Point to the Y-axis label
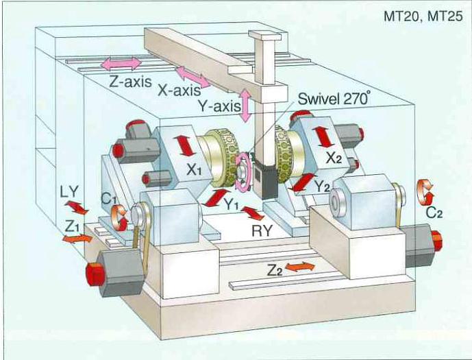tap(216, 106)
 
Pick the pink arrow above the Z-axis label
tap(121, 64)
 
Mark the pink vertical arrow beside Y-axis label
tap(245, 106)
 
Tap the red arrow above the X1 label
tap(183, 146)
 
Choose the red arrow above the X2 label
tap(322, 136)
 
